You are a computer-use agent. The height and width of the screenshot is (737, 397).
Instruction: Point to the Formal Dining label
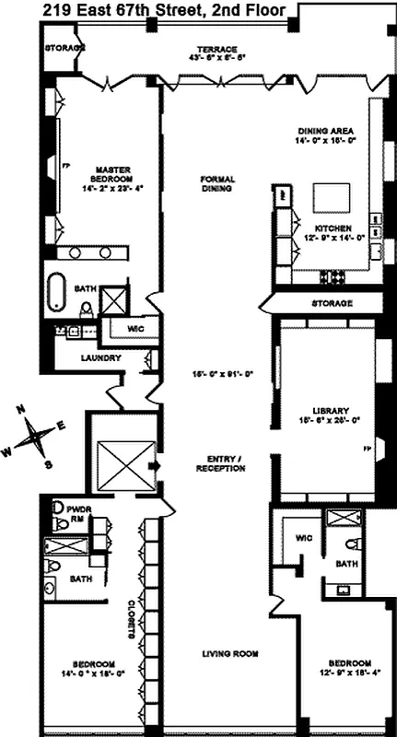pos(217,183)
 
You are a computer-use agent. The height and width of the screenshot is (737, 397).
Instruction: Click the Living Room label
pos(228,654)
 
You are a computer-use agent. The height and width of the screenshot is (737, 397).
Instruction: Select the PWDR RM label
pos(76,510)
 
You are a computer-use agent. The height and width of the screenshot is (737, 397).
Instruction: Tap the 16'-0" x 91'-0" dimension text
pos(216,374)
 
